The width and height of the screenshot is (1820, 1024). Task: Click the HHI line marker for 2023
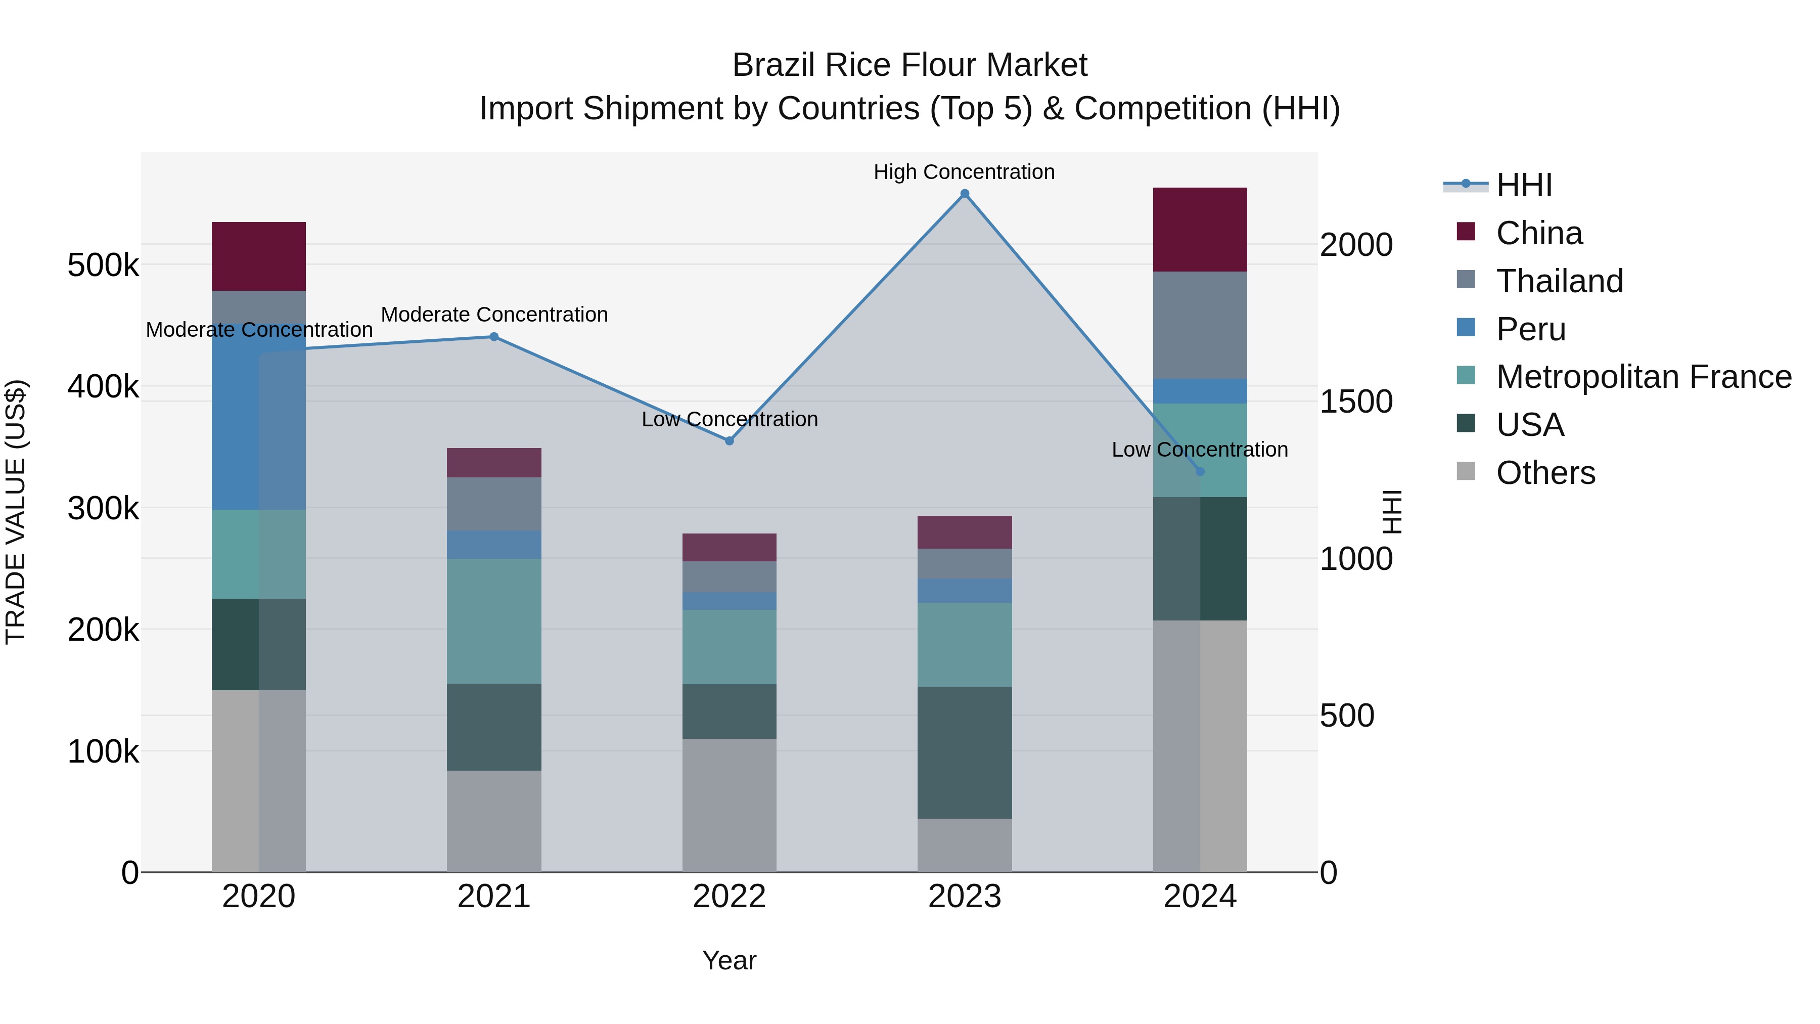pyautogui.click(x=965, y=194)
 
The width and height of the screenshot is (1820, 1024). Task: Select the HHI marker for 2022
pyautogui.click(x=729, y=441)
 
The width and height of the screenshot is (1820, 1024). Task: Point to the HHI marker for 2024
pyautogui.click(x=1200, y=471)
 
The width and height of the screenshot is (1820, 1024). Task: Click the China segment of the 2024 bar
pyautogui.click(x=1200, y=229)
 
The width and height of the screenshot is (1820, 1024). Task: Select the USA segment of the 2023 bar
pyautogui.click(x=965, y=752)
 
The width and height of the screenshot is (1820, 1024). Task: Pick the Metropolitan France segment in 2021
pyautogui.click(x=494, y=620)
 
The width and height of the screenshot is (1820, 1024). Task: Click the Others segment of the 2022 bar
pyautogui.click(x=729, y=805)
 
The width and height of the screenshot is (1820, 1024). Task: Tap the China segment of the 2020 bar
pyautogui.click(x=258, y=256)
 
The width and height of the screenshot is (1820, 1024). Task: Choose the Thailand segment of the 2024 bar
pyautogui.click(x=1200, y=325)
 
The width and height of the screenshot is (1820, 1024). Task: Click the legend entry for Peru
pyautogui.click(x=1530, y=329)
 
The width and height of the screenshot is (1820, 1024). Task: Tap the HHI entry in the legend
pyautogui.click(x=1523, y=185)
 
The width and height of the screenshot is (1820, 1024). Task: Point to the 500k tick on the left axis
pyautogui.click(x=103, y=265)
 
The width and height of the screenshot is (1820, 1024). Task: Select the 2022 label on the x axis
pyautogui.click(x=729, y=897)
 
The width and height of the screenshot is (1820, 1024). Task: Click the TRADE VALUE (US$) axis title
pyautogui.click(x=16, y=512)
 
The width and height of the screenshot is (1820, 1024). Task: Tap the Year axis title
pyautogui.click(x=729, y=960)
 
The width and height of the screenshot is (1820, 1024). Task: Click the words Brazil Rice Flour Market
pyautogui.click(x=909, y=65)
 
